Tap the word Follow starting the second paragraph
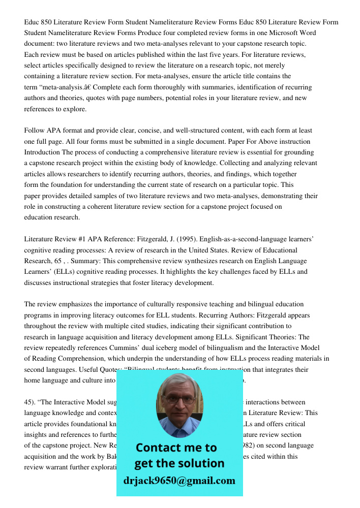[35, 131]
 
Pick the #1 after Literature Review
[80, 239]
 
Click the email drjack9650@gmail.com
[179, 481]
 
